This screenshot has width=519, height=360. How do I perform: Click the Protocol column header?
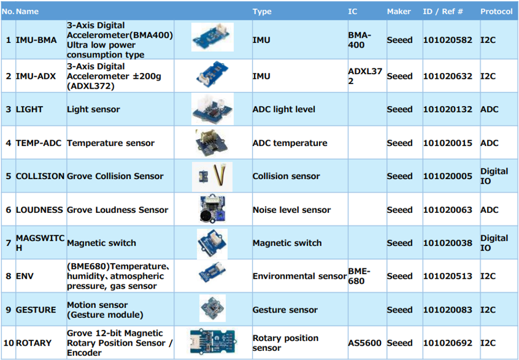point(496,12)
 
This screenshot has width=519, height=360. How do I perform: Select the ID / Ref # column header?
point(442,12)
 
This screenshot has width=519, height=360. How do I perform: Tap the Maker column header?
point(399,12)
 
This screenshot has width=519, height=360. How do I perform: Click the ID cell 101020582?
point(448,40)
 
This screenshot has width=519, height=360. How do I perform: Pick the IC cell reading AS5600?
point(365,343)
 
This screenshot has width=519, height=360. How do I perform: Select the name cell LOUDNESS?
point(39,210)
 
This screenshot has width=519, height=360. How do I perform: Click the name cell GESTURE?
point(36,310)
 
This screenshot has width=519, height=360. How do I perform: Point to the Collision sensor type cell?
point(286,176)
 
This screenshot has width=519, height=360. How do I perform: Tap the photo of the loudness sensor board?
point(212,209)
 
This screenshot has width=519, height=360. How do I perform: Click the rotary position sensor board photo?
point(212,341)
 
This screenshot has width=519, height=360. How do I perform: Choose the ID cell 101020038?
point(448,243)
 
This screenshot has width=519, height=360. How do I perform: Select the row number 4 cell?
point(8,143)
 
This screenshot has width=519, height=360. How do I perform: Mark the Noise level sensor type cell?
point(292,210)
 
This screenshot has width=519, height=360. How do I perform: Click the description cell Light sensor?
point(93,109)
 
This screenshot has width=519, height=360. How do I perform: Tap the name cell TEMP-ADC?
point(38,143)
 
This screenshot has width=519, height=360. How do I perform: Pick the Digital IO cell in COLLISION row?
point(494,176)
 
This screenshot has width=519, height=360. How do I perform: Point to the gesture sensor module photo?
point(212,308)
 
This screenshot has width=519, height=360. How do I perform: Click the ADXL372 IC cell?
point(365,76)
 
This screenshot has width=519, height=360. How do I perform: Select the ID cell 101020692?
point(448,343)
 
